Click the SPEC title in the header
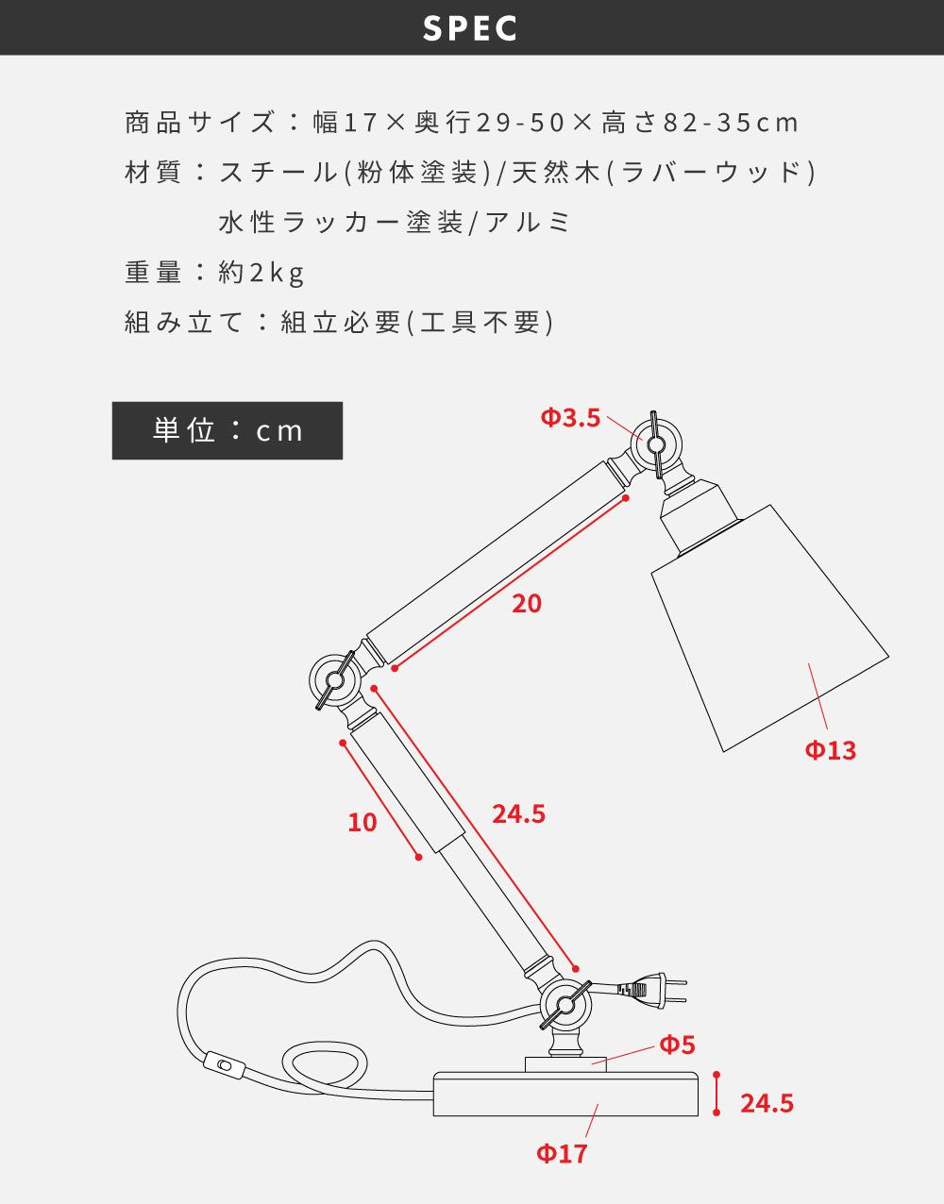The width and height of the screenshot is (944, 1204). [471, 28]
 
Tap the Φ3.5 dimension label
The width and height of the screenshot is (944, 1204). [570, 417]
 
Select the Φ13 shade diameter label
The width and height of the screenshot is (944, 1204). [831, 750]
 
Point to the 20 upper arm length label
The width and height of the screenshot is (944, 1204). [527, 604]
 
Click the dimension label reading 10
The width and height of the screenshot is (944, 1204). [362, 823]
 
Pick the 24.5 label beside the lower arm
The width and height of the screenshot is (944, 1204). [518, 813]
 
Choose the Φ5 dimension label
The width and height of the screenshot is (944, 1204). [677, 1045]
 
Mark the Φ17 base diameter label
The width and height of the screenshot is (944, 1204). [562, 1153]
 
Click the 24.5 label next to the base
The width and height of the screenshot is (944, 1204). [767, 1103]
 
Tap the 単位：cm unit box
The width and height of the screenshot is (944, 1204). [228, 431]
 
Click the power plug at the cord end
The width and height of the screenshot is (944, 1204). [653, 989]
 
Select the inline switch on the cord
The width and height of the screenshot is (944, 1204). [225, 1066]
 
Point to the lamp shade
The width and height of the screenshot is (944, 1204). [769, 627]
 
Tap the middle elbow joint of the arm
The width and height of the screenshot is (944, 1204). [334, 678]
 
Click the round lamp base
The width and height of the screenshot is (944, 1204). [566, 1095]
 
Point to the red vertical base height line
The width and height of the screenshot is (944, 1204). [716, 1095]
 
